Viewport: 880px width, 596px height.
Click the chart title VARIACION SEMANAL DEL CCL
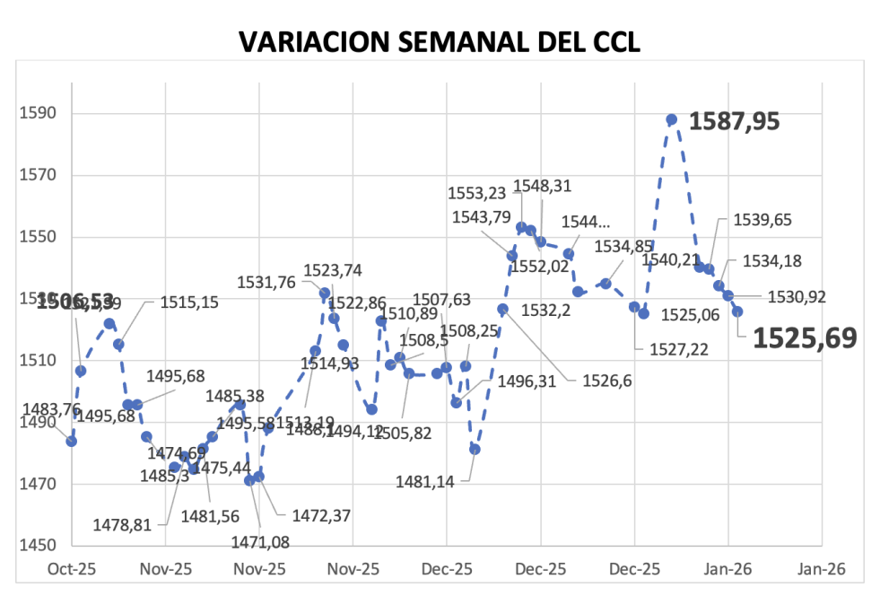tap(440, 42)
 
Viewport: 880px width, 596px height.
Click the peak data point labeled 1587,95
tap(671, 119)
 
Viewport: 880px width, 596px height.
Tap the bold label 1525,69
tap(804, 337)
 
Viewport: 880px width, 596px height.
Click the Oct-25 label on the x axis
tap(71, 569)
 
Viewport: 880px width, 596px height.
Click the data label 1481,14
tap(425, 482)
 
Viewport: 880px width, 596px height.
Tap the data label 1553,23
tap(477, 192)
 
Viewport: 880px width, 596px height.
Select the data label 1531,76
tap(266, 283)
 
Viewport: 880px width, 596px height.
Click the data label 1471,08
tap(266, 541)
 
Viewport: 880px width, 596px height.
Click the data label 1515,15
tap(189, 303)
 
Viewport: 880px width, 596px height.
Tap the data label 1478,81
tap(122, 524)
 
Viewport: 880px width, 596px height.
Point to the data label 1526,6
tap(607, 381)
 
